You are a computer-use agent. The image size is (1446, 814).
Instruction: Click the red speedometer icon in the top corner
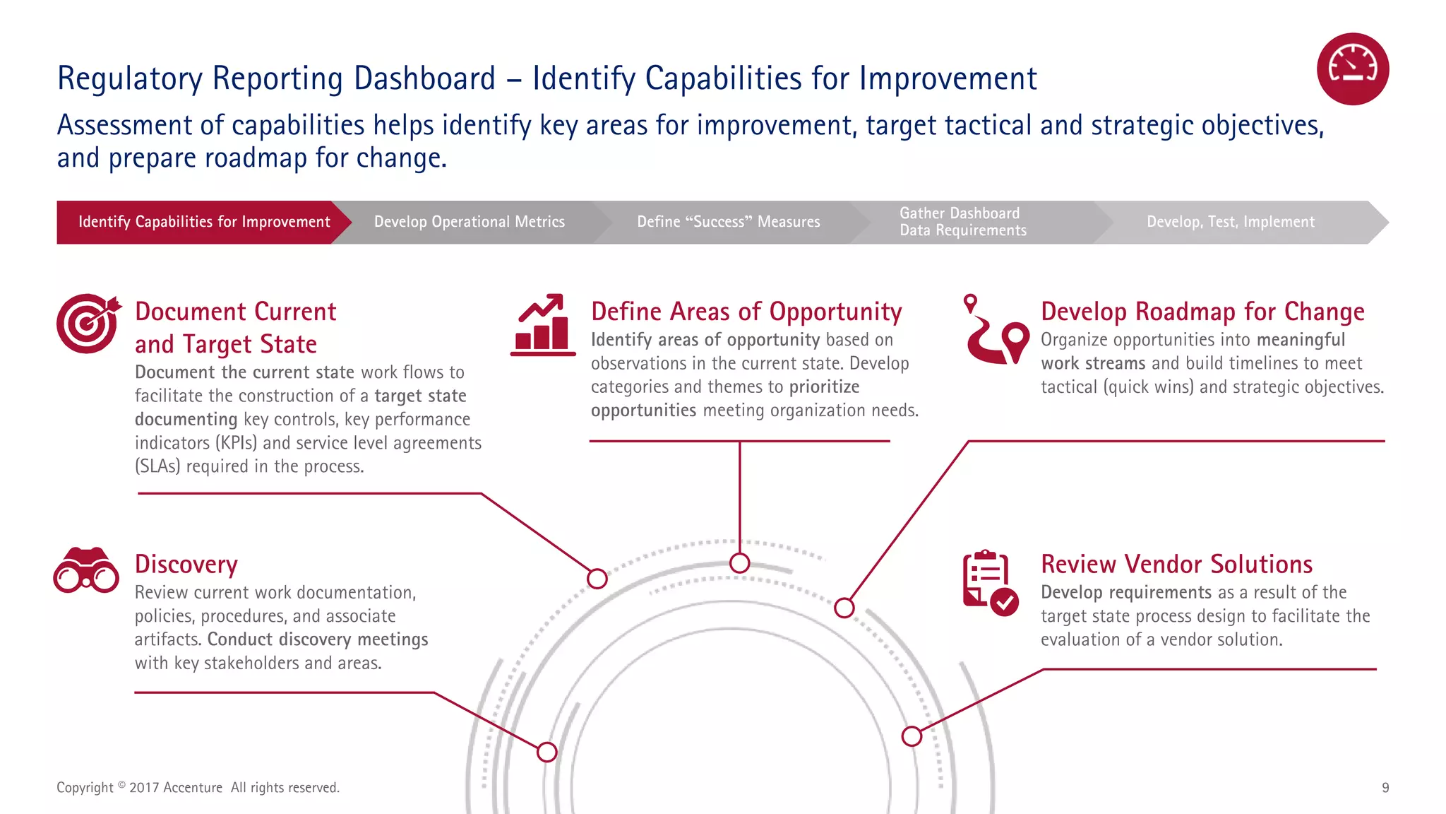[1352, 69]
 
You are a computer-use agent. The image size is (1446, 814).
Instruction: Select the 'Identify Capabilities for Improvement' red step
[203, 222]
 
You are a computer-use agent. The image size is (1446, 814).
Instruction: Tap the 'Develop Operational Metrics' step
[469, 222]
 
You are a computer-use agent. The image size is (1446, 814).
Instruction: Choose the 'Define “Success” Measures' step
[728, 222]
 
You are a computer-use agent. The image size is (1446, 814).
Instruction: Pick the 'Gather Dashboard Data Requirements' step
[962, 222]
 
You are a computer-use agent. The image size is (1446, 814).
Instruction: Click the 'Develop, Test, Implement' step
[1230, 222]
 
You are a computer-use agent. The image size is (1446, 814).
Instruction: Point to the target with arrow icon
[88, 323]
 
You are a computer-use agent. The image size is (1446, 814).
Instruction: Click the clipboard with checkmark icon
[990, 583]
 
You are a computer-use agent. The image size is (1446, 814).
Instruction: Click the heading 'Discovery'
[186, 565]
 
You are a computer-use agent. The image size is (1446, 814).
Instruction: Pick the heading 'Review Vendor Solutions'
[1176, 565]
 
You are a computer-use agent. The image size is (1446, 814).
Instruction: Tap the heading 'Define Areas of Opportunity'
[746, 312]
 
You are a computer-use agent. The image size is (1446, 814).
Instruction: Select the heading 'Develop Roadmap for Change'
[1202, 312]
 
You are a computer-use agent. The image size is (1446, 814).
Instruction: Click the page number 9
[1385, 788]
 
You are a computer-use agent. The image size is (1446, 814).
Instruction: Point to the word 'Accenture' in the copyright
[193, 788]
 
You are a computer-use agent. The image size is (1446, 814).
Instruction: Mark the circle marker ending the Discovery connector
[546, 752]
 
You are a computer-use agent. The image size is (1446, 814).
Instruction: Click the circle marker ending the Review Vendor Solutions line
[912, 736]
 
